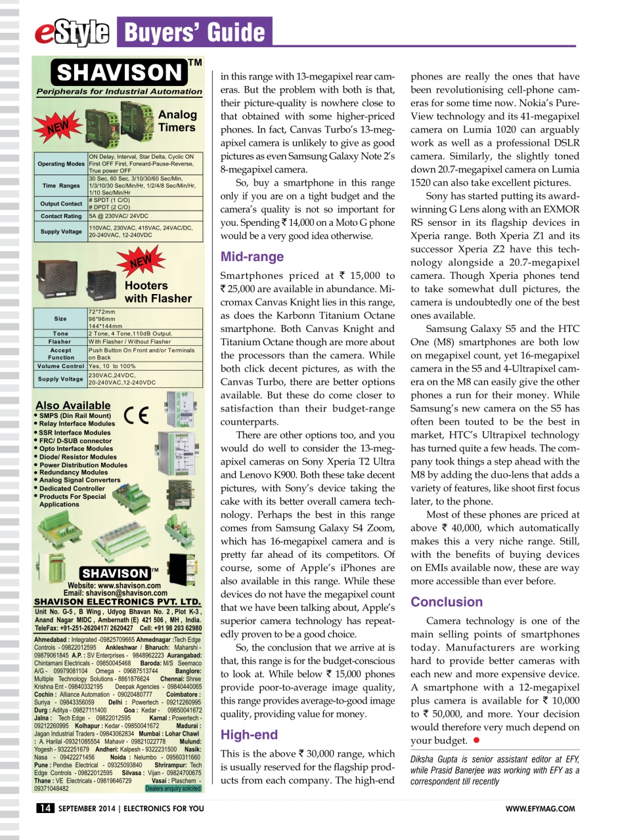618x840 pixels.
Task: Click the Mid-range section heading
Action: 252,257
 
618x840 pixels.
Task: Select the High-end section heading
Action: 249,734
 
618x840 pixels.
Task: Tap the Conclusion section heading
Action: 447,602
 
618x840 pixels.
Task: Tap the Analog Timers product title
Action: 177,121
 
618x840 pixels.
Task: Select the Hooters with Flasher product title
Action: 158,292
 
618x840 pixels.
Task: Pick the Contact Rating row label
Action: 60,215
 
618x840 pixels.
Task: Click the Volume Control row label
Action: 60,366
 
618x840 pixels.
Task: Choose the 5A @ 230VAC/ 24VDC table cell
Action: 118,215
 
